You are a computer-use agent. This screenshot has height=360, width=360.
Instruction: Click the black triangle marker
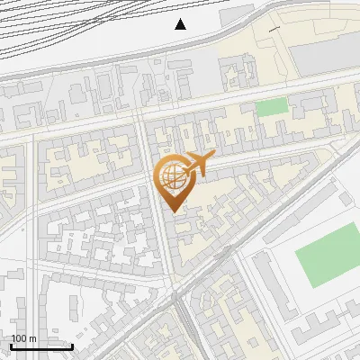tap(181, 24)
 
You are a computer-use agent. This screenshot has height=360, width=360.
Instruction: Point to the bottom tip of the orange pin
tap(174, 211)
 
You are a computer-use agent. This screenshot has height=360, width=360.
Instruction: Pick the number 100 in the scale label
tap(19, 339)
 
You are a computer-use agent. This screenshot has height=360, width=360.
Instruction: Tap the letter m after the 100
tap(32, 339)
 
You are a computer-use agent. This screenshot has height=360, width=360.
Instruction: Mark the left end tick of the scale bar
tap(11, 345)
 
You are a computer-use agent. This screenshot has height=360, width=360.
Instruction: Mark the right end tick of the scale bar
tap(72, 345)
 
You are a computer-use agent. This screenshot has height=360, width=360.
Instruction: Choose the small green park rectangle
tap(270, 108)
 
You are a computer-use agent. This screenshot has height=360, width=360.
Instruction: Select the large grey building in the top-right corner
tap(324, 54)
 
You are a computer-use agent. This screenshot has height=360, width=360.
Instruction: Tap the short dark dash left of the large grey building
tap(274, 30)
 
